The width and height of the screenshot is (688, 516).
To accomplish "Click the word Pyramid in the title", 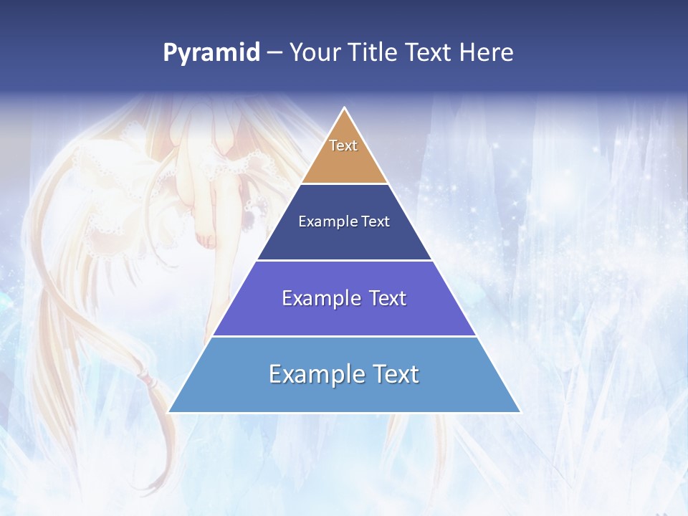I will tap(211, 53).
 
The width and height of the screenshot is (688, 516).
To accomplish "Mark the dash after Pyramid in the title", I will tap(274, 53).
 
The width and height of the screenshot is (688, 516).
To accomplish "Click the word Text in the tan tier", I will tap(343, 145).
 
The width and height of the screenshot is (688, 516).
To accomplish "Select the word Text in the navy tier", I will tap(376, 221).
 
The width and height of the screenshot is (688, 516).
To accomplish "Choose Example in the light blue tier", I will tap(316, 374).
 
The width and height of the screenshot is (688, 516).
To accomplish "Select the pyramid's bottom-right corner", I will tap(519, 411).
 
